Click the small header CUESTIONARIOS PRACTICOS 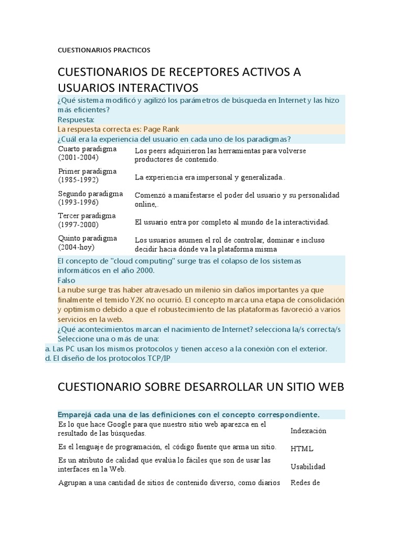104,50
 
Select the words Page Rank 162,129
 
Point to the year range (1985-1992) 78,179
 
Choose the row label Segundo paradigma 90,194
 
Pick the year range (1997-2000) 78,225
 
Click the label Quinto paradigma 88,238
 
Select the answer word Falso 67,281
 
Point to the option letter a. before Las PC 48,348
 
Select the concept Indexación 308,431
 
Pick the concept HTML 302,449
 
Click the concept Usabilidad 308,467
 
